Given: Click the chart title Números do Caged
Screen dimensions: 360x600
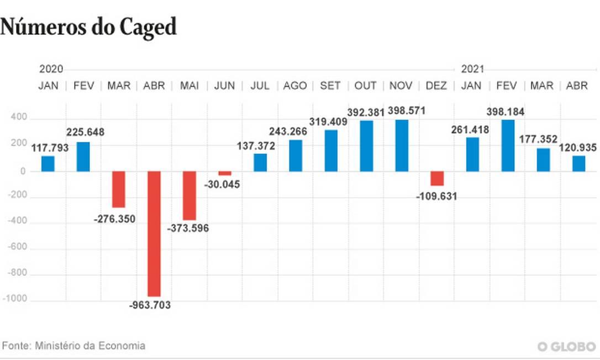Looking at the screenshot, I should pos(88,27).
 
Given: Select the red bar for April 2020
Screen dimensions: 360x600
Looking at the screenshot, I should pos(154,234).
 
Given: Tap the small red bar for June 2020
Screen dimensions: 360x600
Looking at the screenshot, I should pos(225,173).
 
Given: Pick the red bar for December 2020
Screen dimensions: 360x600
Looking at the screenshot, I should pos(437,178).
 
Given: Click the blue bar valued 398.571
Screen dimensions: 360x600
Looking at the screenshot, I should pos(402,146).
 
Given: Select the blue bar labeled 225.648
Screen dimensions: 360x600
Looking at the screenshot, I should pos(83,157).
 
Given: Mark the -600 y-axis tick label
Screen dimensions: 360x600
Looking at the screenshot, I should pos(18,248).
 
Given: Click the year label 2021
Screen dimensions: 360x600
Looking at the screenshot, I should pos(472,69).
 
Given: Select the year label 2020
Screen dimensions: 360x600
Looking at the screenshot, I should pos(51,69).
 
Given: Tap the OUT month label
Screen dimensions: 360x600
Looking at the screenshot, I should pos(366,86).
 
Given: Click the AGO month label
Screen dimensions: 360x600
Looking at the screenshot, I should pos(295,86).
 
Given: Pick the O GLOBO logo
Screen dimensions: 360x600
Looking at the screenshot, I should pos(567,346).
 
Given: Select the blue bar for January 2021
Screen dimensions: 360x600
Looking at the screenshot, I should pos(472,155).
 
